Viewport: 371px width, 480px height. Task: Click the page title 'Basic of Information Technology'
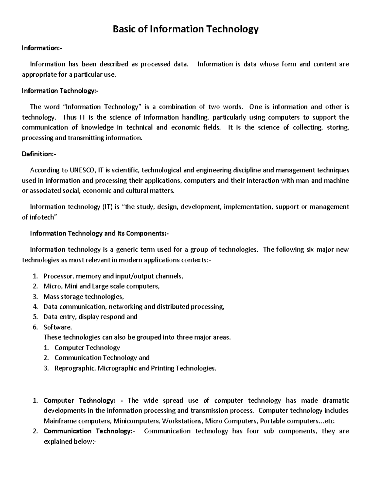(x=185, y=29)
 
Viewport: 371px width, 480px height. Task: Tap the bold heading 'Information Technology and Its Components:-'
(x=99, y=233)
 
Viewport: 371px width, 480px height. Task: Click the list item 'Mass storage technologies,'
(x=83, y=297)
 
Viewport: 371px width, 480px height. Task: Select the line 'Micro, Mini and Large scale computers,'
(x=101, y=286)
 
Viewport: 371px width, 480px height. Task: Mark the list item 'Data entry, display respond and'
(x=90, y=317)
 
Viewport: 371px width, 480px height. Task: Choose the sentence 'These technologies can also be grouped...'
(x=137, y=337)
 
